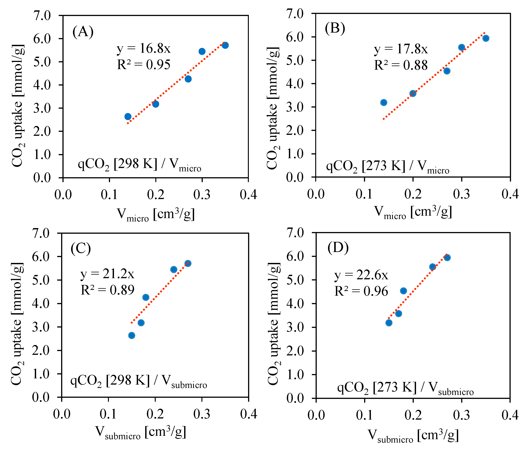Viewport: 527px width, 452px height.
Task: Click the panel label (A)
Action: (83, 32)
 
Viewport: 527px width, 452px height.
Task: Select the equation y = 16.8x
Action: (144, 48)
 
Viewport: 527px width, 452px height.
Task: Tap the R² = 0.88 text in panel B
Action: (401, 65)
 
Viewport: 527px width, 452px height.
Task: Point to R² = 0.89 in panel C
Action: (107, 290)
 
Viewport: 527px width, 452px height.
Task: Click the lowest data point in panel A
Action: (128, 117)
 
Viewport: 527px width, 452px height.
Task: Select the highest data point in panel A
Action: (225, 45)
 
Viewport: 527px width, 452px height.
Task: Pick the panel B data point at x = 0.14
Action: (384, 102)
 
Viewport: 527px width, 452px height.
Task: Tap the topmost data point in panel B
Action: (486, 38)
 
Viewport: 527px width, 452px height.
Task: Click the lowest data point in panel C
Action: (132, 335)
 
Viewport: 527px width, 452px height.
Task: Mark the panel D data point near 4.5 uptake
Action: (403, 291)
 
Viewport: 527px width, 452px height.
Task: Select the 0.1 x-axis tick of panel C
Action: (108, 414)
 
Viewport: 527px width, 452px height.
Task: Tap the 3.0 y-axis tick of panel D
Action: (295, 327)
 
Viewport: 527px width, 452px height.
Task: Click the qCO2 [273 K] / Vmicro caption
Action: (388, 166)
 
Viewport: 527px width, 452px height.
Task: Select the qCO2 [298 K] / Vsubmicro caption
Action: (139, 381)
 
